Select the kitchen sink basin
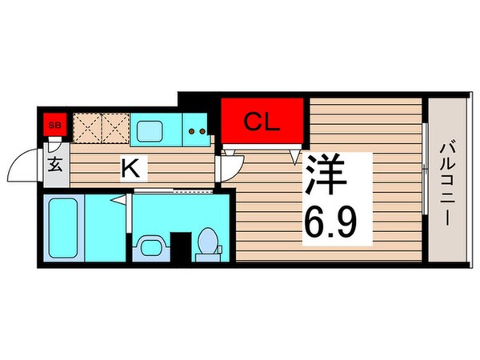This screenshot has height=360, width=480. [149, 128]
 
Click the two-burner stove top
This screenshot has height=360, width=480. [198, 128]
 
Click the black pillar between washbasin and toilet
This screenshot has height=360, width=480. [183, 245]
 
